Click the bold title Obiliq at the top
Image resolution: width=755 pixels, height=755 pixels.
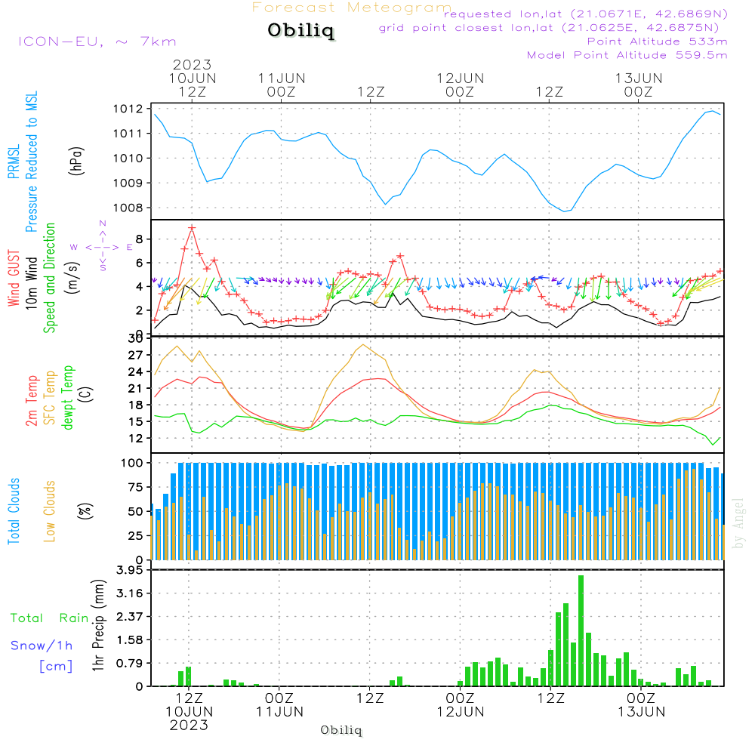pos(301,30)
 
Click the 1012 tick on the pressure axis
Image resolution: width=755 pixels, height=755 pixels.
pos(128,109)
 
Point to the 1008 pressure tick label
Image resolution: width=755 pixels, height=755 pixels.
pos(128,208)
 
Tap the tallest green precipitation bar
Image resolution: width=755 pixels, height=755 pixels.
pos(581,630)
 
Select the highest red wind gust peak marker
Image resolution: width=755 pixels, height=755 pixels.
pos(192,228)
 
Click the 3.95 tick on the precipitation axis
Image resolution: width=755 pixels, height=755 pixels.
pos(130,570)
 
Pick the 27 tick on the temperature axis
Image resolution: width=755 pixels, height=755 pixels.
pos(136,356)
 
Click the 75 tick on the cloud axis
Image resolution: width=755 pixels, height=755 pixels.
pos(136,487)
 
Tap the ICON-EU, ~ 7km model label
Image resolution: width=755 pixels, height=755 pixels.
pos(97,42)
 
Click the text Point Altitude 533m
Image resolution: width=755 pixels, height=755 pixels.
pos(658,42)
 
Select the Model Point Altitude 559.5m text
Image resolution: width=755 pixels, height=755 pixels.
pos(627,55)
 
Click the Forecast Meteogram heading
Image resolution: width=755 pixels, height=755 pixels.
pos(352,8)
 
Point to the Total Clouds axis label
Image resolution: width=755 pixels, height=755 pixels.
pos(14,511)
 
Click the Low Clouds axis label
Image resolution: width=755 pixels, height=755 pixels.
pos(49,511)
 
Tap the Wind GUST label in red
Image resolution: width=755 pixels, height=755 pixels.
pos(14,278)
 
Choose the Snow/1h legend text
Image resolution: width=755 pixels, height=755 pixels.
pos(42,646)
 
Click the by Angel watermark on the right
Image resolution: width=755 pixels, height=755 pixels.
pos(738,523)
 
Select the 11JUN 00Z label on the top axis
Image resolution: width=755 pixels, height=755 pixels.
pos(281,85)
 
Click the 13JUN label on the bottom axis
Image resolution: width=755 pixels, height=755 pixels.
pos(641,712)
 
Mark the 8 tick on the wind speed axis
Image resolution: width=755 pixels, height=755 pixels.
pos(140,239)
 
